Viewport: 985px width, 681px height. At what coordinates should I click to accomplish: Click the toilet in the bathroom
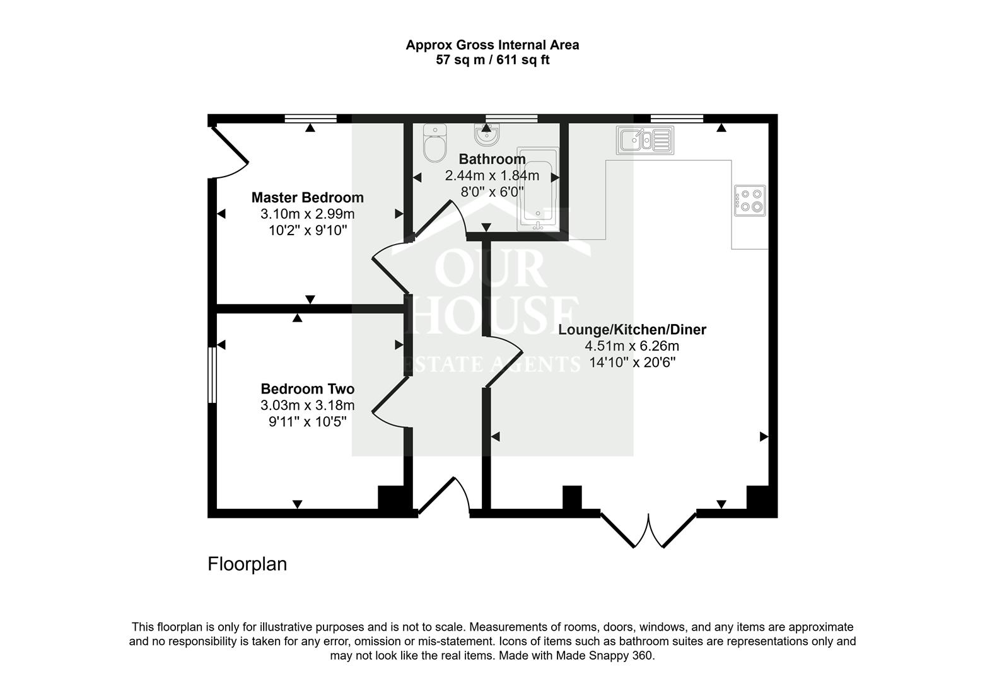(434, 143)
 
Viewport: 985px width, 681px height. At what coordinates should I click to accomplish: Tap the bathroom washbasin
(486, 134)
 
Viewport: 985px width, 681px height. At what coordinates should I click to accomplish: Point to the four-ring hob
(750, 201)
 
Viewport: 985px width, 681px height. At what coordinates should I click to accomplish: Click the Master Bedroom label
(307, 197)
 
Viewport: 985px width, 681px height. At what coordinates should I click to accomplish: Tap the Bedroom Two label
(307, 388)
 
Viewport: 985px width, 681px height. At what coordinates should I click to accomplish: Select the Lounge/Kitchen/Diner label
(632, 329)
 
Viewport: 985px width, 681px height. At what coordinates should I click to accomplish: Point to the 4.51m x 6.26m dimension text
(632, 346)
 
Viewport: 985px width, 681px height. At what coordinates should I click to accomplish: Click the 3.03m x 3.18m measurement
(307, 405)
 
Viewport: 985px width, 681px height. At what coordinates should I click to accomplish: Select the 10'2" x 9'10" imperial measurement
(308, 230)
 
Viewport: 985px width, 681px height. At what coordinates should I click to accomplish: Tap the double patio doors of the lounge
(648, 530)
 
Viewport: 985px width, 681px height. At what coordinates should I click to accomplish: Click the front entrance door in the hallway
(444, 498)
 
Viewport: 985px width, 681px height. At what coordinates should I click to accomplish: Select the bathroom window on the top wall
(511, 118)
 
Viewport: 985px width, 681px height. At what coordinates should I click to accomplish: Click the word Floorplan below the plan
(247, 564)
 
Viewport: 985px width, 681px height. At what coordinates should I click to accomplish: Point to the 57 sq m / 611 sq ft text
(492, 61)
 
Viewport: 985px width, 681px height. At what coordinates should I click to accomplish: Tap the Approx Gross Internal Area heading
(492, 45)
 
